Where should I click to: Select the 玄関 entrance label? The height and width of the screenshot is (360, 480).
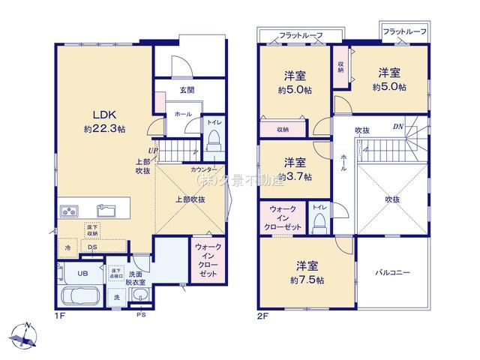click(187, 90)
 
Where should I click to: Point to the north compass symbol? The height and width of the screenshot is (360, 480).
click(25, 334)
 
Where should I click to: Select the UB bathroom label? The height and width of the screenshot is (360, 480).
click(84, 273)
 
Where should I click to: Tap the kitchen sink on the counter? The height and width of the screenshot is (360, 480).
click(104, 208)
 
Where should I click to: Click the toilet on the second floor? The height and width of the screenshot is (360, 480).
click(319, 221)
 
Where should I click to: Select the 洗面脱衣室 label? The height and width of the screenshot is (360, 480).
click(136, 277)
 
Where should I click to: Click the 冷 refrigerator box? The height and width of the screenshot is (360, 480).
click(67, 247)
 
